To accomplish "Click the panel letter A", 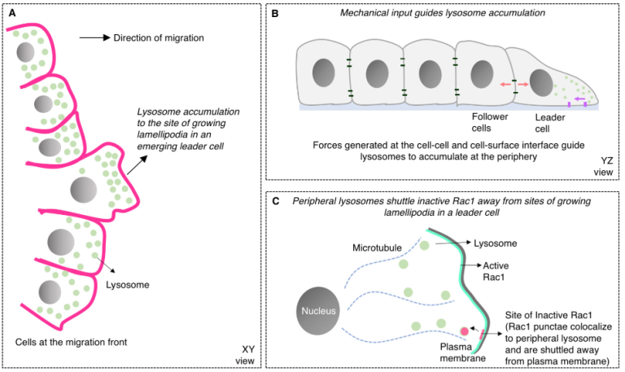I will point(9,12).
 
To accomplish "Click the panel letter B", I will point(275,14).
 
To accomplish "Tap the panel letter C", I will point(275,200).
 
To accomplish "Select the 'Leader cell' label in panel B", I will point(550,122).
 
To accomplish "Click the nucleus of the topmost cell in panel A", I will point(27,54).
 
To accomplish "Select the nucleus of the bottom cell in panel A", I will point(50,292).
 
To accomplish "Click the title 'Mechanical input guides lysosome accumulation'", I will point(443,14).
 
